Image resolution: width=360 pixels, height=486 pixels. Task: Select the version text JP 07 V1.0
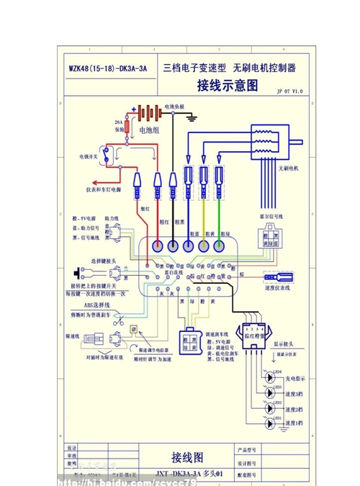(x=289, y=92)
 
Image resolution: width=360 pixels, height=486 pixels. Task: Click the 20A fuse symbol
(x=128, y=128)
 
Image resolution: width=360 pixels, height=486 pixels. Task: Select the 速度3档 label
(x=296, y=394)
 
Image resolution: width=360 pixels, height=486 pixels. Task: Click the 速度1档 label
(x=296, y=423)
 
